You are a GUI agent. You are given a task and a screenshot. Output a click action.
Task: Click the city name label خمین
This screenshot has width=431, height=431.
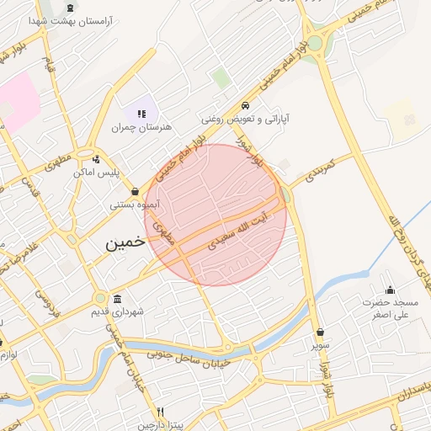click(x=125, y=242)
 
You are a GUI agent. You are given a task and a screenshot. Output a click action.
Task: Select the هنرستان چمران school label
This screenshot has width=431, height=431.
click(x=141, y=127)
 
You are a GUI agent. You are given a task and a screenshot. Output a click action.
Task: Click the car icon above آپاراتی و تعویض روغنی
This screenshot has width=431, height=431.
click(x=244, y=106)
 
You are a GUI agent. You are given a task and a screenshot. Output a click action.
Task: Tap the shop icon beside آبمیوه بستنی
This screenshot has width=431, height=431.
click(x=135, y=191)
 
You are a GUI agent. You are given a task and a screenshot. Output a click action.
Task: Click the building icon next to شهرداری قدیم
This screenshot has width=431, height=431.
click(x=116, y=300)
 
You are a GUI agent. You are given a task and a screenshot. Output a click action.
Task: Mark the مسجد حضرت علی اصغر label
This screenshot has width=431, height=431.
click(x=390, y=308)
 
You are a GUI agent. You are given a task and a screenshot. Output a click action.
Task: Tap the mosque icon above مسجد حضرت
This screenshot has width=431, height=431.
click(x=389, y=290)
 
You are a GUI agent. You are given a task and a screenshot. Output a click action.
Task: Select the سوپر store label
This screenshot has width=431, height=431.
click(x=321, y=344)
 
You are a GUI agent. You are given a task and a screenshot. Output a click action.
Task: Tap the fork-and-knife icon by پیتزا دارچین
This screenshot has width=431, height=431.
click(x=161, y=412)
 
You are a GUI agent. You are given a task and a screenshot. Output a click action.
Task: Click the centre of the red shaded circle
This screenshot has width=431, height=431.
click(x=215, y=215)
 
